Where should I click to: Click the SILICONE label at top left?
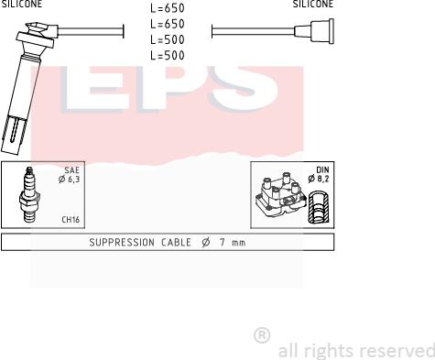21,5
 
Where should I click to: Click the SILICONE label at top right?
312,5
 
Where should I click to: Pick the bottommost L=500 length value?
167,56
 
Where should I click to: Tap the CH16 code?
70,220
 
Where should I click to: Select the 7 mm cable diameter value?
235,243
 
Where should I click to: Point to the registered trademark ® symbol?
261,335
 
